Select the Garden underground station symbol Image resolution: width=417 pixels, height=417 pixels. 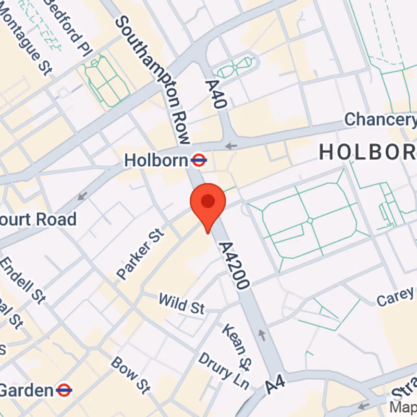click(64, 389)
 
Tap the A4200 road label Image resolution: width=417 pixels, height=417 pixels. click(235, 265)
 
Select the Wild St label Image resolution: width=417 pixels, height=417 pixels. click(181, 304)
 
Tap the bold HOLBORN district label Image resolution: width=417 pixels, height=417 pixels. click(367, 151)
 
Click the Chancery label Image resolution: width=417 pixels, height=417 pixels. click(381, 119)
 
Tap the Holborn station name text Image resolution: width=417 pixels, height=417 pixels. click(155, 160)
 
